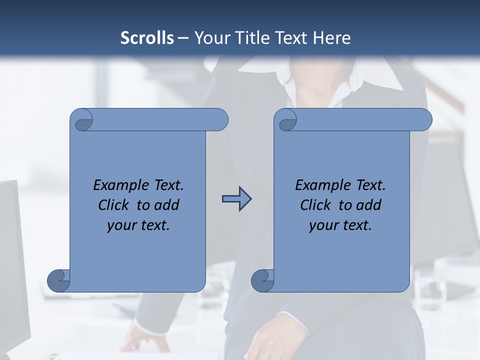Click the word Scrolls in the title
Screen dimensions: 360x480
click(x=147, y=38)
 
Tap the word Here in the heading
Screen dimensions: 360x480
click(x=332, y=38)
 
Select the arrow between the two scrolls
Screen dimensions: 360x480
click(x=236, y=199)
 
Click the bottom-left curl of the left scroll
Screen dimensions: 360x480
click(x=59, y=280)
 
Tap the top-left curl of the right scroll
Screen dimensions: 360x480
click(x=287, y=120)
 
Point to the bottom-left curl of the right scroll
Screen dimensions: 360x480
click(x=262, y=280)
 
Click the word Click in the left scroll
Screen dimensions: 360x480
click(x=116, y=205)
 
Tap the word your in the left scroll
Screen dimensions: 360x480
click(x=121, y=225)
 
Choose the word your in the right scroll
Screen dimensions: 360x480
click(x=323, y=225)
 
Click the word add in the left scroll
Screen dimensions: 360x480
click(x=166, y=205)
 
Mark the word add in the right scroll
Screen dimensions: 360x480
click(x=368, y=205)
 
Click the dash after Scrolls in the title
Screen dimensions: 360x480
click(x=183, y=38)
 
